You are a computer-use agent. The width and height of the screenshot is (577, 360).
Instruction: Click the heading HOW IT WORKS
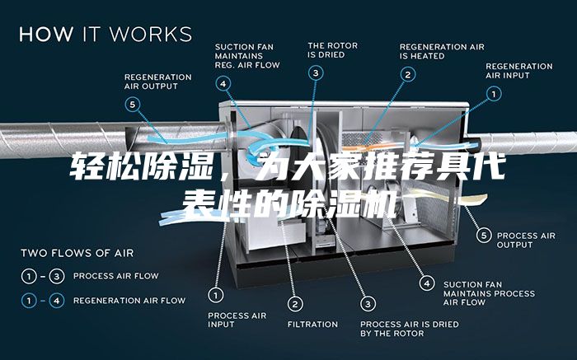point(106,34)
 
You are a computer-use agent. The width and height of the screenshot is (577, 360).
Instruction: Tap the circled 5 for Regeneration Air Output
point(133,105)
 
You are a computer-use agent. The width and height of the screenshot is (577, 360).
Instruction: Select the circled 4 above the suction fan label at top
point(223,83)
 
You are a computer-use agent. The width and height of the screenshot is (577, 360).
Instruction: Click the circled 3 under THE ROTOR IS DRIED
point(316,72)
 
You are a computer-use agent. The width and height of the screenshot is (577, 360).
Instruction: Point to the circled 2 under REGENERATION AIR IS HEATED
point(408,75)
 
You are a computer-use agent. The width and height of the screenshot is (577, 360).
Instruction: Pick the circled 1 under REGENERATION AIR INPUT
point(494,94)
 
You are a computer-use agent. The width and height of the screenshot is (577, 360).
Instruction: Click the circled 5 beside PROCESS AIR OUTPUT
point(484,236)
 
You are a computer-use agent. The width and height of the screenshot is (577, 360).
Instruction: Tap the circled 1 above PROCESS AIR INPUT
point(216,295)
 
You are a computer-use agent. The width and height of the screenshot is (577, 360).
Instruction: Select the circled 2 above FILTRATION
point(295,304)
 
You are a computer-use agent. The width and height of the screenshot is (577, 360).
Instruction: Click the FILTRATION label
point(312,325)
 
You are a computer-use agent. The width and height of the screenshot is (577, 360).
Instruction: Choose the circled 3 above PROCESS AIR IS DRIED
point(368,304)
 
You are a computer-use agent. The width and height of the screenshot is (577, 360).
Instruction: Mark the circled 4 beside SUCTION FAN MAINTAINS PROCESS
point(427,283)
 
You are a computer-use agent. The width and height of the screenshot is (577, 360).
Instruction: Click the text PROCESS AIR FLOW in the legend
point(116,276)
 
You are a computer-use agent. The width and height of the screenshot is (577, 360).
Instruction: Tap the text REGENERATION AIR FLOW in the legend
point(129,301)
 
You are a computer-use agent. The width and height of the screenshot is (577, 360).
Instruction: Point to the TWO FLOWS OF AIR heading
point(77,253)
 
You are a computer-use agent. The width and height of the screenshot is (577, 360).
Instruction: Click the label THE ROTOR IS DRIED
point(333,50)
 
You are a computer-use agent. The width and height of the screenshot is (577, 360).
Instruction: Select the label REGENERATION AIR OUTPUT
point(158,82)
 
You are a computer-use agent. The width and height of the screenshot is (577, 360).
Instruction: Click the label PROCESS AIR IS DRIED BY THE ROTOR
point(410,329)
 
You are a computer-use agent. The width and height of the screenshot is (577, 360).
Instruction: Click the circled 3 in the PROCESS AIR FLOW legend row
point(57,276)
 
